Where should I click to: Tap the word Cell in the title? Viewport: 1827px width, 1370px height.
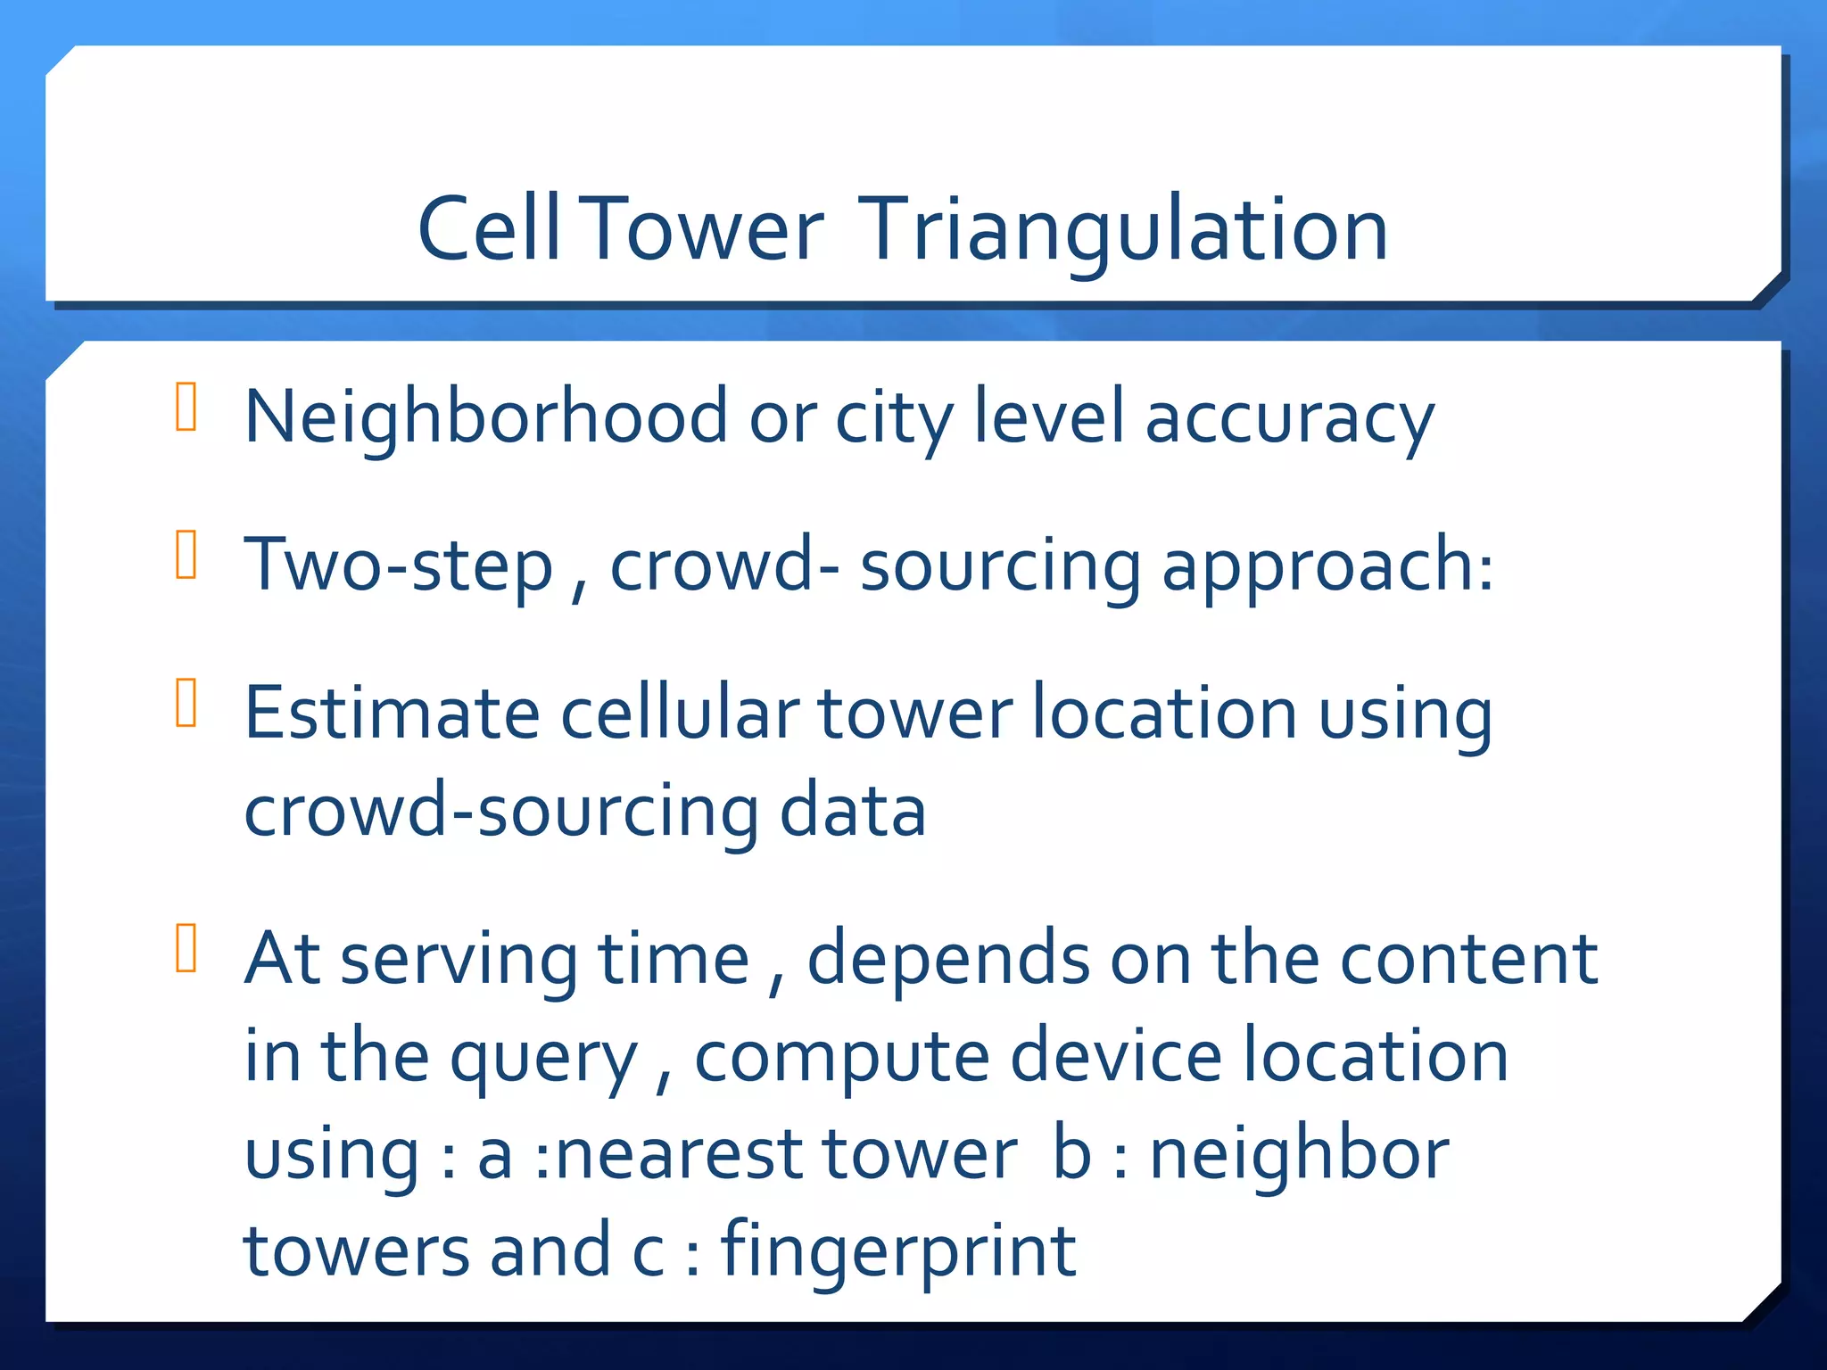[x=489, y=230]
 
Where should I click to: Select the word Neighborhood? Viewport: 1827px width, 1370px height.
[x=486, y=417]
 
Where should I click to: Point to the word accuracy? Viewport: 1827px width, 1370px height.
[x=1289, y=419]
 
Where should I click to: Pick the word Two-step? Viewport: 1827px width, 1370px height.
[x=399, y=566]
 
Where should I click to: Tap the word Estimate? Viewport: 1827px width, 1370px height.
[x=393, y=713]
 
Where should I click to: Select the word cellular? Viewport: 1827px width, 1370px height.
[x=680, y=713]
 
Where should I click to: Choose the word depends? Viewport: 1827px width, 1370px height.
[x=947, y=960]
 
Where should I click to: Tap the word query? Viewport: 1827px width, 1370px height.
[x=543, y=1059]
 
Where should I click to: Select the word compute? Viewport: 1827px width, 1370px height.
[x=841, y=1059]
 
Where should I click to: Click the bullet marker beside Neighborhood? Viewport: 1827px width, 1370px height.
[x=186, y=407]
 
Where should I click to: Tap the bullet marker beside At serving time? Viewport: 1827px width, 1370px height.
[x=186, y=947]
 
